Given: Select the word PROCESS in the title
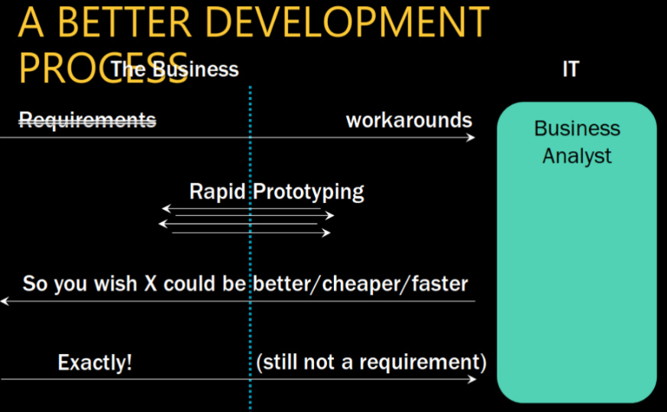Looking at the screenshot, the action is [x=103, y=68].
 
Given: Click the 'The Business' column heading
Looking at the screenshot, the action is [x=175, y=69].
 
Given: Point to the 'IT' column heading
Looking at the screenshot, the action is [x=571, y=69].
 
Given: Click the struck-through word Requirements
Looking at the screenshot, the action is [x=88, y=120].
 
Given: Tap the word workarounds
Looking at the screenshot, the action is [x=409, y=121].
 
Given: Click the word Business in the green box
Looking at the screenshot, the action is [x=578, y=128].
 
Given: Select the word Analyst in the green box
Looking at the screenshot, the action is [x=577, y=156].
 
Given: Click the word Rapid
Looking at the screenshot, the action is [x=218, y=192].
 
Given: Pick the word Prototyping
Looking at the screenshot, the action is [x=309, y=192].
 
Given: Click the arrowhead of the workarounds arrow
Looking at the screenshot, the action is [x=471, y=137].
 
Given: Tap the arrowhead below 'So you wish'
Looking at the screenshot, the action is [x=5, y=301].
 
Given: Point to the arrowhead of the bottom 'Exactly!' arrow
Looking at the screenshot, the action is [x=471, y=379].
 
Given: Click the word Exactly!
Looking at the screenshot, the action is [x=95, y=362].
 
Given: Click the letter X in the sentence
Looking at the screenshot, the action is [x=151, y=284].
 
